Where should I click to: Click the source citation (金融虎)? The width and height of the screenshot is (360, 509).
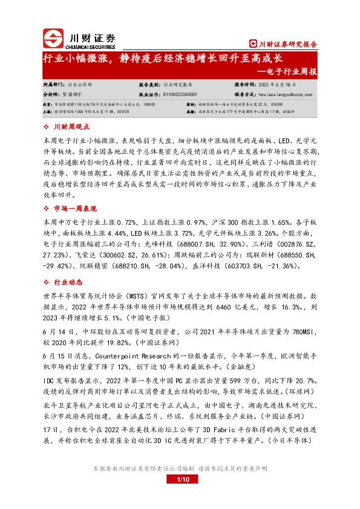click(x=240, y=365)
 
